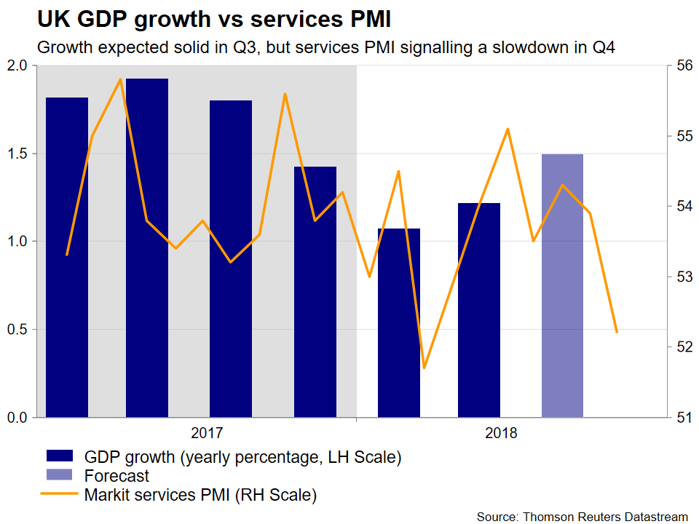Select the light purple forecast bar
pos(562,285)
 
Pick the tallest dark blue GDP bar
pos(147,247)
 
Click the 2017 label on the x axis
pos(207,434)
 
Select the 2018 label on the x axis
pos(501,434)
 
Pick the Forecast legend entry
pos(117,477)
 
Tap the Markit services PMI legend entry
pos(200,496)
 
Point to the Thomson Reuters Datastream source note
pos(582,516)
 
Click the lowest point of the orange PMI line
pos(424,368)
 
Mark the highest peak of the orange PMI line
pos(121,79)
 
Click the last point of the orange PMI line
pos(617,332)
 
